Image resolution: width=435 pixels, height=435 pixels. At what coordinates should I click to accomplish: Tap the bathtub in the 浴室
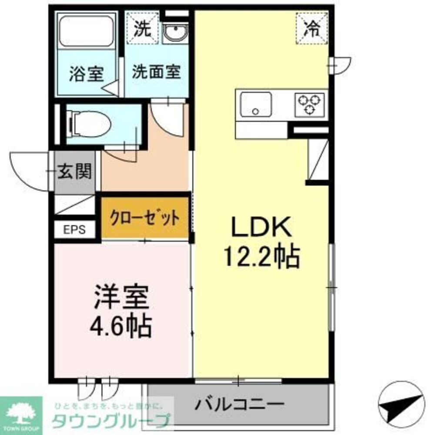click(86, 32)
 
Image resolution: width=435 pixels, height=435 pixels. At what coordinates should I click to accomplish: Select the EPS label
click(75, 229)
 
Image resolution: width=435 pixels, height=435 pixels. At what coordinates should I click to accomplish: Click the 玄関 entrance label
click(75, 172)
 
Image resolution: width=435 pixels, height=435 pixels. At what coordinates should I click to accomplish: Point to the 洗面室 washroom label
click(157, 72)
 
